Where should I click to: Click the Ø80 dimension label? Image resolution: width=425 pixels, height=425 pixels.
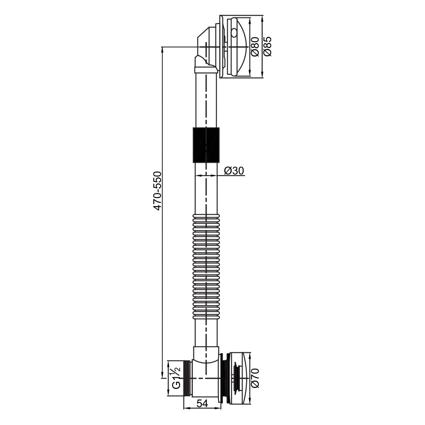tap(255, 47)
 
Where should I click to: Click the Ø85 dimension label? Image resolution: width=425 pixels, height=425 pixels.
tap(267, 47)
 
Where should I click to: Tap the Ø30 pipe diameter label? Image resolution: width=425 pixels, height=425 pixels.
tap(234, 170)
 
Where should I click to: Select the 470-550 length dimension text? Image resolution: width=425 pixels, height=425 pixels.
tap(157, 191)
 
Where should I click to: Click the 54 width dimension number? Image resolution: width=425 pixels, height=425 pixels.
tap(202, 404)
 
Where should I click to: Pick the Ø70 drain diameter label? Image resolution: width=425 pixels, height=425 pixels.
tap(255, 378)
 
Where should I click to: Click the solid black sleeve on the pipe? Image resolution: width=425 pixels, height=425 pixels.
tap(206, 145)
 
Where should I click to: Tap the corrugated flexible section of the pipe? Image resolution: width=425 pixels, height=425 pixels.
tap(206, 266)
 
